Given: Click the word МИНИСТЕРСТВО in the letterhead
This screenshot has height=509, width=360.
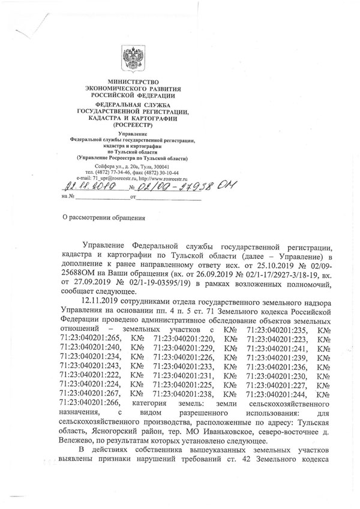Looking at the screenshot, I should point(133,81).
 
